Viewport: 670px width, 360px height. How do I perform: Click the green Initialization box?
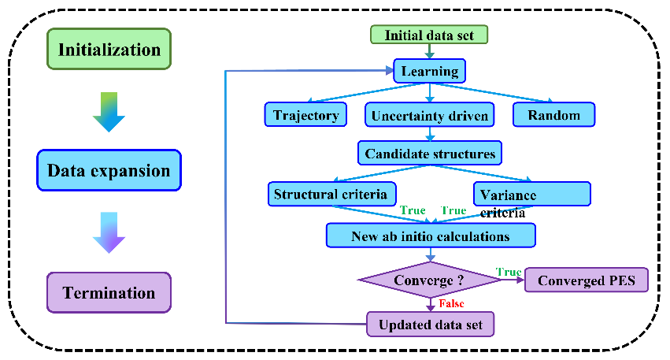pyautogui.click(x=109, y=50)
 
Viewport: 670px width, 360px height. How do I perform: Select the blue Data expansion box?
pyautogui.click(x=109, y=171)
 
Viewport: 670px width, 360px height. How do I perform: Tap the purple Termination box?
pyautogui.click(x=109, y=292)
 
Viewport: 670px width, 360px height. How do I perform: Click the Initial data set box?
pyautogui.click(x=429, y=35)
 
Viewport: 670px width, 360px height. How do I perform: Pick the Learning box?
pyautogui.click(x=430, y=72)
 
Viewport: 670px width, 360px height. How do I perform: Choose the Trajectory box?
pyautogui.click(x=305, y=115)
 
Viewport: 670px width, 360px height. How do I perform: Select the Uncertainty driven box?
pyautogui.click(x=430, y=116)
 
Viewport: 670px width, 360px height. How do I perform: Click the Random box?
pyautogui.click(x=553, y=115)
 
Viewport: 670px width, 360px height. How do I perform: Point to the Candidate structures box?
pyautogui.click(x=430, y=153)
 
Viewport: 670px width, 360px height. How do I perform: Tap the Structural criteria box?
pyautogui.click(x=330, y=194)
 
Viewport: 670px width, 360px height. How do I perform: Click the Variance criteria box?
pyautogui.click(x=531, y=195)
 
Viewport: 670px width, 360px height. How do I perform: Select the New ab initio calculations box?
pyautogui.click(x=430, y=236)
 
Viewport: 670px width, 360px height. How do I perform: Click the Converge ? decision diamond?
pyautogui.click(x=430, y=280)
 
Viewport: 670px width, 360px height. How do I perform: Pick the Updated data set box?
pyautogui.click(x=430, y=324)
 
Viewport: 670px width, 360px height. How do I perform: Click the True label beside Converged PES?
pyautogui.click(x=508, y=272)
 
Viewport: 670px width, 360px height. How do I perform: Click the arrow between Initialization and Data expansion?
pyautogui.click(x=108, y=110)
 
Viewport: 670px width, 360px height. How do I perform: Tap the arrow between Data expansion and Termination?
pyautogui.click(x=108, y=232)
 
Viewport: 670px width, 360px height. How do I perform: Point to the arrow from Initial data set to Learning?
pyautogui.click(x=429, y=52)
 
